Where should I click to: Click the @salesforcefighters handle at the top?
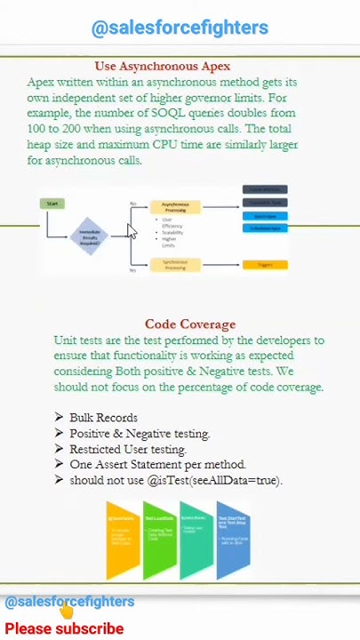coord(180,28)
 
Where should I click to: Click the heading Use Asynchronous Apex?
coord(163,67)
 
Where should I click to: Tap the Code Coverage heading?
coord(190,324)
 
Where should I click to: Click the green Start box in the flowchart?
coord(53,204)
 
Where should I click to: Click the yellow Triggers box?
coord(265,264)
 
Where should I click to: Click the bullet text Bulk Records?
coord(103,418)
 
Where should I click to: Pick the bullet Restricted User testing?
coord(127,449)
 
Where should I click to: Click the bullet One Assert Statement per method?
coord(157,464)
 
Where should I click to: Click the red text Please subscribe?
coord(64,628)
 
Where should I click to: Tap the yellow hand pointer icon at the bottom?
coord(66,611)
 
